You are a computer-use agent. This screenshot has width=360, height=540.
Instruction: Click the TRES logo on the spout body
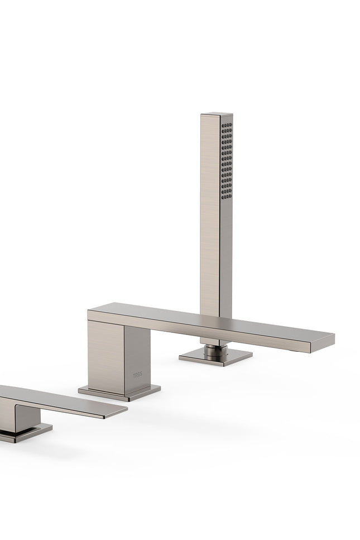[137, 375]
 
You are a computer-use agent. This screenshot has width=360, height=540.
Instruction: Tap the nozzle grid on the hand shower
[227, 161]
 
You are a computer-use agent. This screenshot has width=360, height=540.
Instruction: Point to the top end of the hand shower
[217, 114]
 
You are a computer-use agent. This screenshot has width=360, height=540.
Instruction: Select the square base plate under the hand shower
[215, 357]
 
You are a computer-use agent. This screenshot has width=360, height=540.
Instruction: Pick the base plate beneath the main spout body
[119, 393]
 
